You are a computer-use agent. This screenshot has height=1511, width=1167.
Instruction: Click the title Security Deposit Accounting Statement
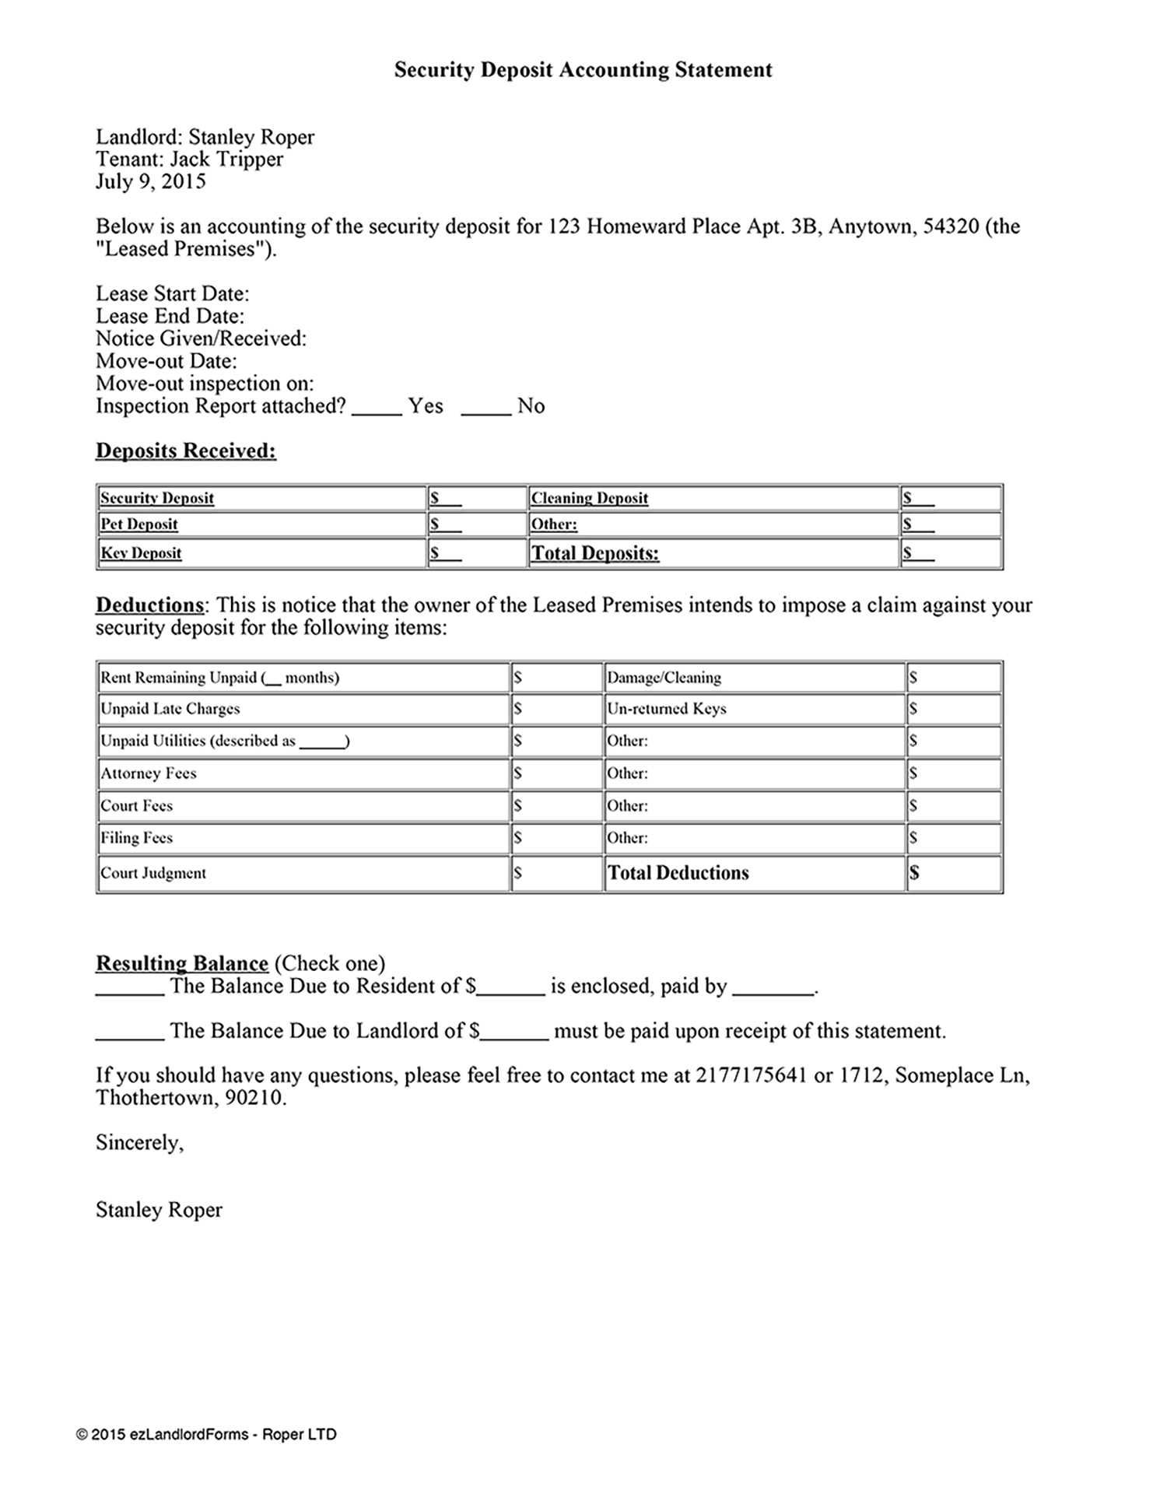(x=583, y=70)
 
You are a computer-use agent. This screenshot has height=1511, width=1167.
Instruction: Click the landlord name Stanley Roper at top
(x=251, y=138)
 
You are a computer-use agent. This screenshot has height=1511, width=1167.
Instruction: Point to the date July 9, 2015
(x=150, y=182)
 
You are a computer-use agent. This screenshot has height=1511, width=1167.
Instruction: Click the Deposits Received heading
(x=185, y=451)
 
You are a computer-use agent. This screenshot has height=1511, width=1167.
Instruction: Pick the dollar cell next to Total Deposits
(x=950, y=553)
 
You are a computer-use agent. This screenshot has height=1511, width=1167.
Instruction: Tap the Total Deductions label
(x=678, y=873)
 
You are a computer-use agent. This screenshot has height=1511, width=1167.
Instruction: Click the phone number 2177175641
(x=751, y=1075)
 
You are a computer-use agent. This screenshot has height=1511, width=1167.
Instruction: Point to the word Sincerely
(x=139, y=1142)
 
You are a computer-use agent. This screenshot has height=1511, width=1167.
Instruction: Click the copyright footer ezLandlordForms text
(x=206, y=1434)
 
